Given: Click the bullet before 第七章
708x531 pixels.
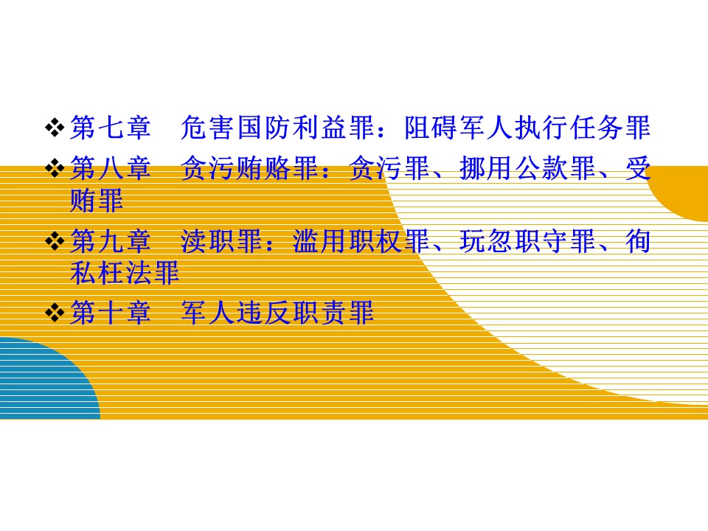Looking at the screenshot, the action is (55, 128).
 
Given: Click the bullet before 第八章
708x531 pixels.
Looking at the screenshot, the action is (55, 169).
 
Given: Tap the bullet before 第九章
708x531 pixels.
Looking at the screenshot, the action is (55, 241).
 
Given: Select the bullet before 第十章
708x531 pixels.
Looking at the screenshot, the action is (55, 313).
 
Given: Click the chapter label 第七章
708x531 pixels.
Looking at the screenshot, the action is (111, 128).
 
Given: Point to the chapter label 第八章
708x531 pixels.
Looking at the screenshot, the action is (111, 168).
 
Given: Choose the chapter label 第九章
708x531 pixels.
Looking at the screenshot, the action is (111, 240).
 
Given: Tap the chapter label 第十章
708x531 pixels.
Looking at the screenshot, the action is (111, 313).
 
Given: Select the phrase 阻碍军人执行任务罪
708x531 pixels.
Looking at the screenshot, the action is (527, 128).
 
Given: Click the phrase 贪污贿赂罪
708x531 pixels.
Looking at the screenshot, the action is (249, 168).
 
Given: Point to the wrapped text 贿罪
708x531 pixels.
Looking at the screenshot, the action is (97, 201).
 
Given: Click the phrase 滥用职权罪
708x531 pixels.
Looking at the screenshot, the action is (361, 240).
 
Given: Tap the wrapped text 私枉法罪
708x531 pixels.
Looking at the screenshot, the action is (125, 273).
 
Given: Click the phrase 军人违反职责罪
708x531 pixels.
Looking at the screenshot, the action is (277, 313).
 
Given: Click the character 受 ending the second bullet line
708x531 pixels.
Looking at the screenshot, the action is (637, 168).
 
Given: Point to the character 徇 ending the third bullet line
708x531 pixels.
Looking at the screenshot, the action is (637, 240).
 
